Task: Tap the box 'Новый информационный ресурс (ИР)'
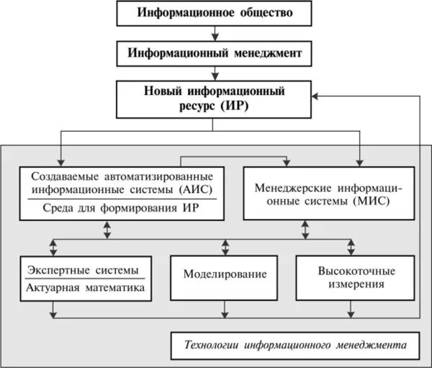215,99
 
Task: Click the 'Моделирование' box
225,275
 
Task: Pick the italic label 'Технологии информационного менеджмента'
294,346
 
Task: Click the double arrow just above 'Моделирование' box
225,246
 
